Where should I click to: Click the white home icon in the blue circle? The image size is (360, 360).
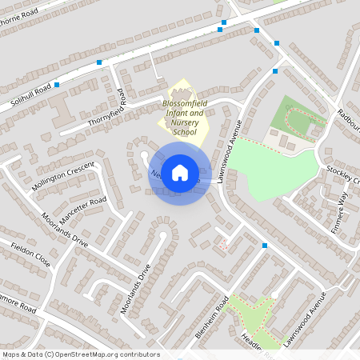click(x=180, y=172)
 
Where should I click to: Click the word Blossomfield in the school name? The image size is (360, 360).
click(x=185, y=104)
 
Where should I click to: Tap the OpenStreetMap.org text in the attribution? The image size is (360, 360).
click(x=89, y=354)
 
